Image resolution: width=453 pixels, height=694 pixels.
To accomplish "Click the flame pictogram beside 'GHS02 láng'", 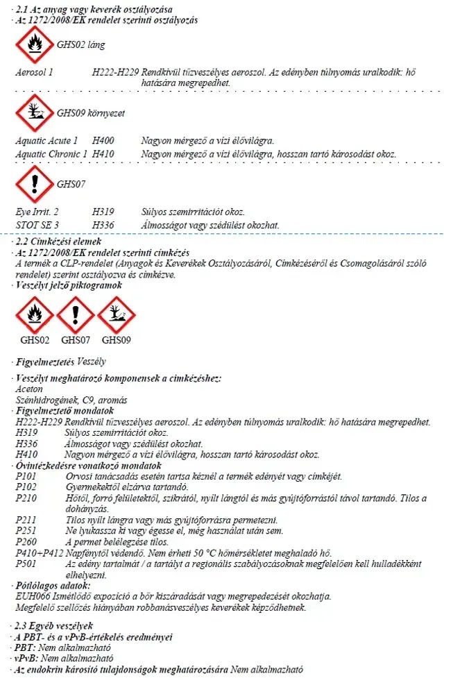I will (x=34, y=44).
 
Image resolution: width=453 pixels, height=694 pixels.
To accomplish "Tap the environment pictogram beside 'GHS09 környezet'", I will (x=34, y=112).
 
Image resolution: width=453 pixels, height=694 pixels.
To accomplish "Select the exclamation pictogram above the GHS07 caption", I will (x=75, y=315).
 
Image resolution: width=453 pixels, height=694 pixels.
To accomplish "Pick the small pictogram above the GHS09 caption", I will (x=116, y=315).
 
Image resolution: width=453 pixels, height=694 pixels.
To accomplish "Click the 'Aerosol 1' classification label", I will (x=34, y=72).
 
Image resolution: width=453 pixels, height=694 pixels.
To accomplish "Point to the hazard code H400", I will (x=103, y=140).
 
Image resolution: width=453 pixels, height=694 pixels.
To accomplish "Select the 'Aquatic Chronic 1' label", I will (x=51, y=153).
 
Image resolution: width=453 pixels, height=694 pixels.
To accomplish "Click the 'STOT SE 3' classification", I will (x=37, y=225).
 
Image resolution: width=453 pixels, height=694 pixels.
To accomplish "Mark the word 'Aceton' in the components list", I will (x=28, y=390).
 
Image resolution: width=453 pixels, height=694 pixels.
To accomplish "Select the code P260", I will (x=26, y=542).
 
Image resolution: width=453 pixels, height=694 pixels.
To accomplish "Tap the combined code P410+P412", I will (x=39, y=553).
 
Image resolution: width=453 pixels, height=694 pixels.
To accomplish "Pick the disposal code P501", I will (x=26, y=564).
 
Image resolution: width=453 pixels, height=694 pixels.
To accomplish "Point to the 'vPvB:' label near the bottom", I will (x=26, y=657).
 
